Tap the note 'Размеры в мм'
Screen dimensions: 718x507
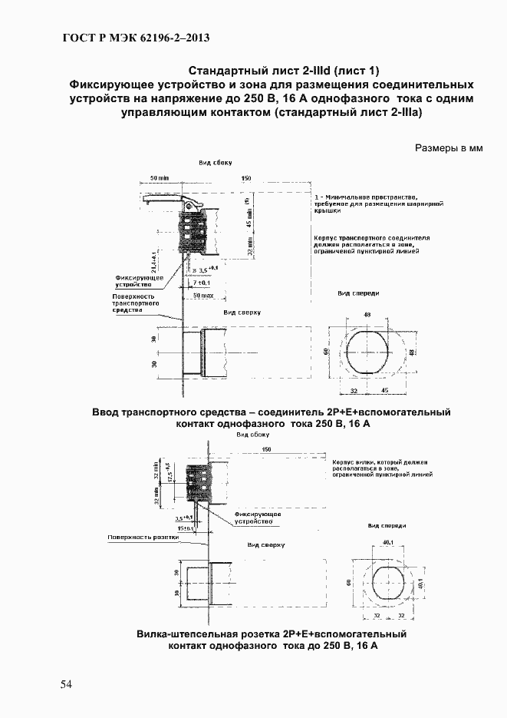point(449,148)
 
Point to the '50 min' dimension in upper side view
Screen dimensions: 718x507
point(160,178)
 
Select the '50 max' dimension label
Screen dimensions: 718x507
point(202,295)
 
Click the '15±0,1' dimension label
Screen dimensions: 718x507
point(186,528)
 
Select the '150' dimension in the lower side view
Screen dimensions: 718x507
point(266,448)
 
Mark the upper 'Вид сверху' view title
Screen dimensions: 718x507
point(242,313)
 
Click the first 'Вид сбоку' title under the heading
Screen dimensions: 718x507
point(215,163)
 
